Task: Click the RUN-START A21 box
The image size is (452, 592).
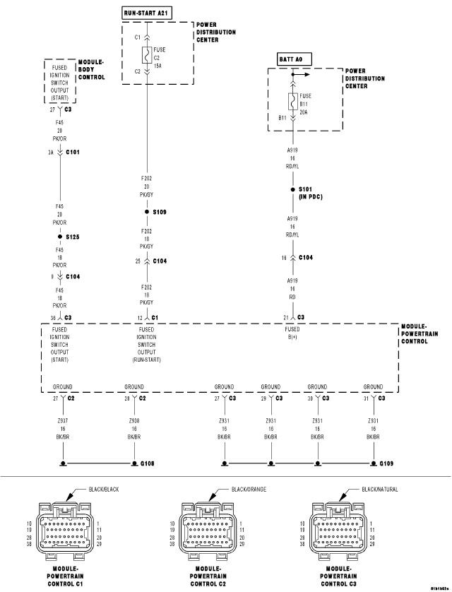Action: [147, 13]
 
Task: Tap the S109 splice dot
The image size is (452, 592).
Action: [147, 212]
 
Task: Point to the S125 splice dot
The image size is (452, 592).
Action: [61, 237]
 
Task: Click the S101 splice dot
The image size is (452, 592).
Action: [292, 190]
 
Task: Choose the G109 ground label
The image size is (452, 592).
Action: [386, 464]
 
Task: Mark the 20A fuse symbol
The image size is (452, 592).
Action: [292, 102]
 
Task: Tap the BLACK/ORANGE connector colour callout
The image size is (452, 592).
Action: [248, 489]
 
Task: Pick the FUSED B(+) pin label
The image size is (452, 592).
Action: [292, 333]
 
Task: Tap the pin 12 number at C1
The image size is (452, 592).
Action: [139, 317]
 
